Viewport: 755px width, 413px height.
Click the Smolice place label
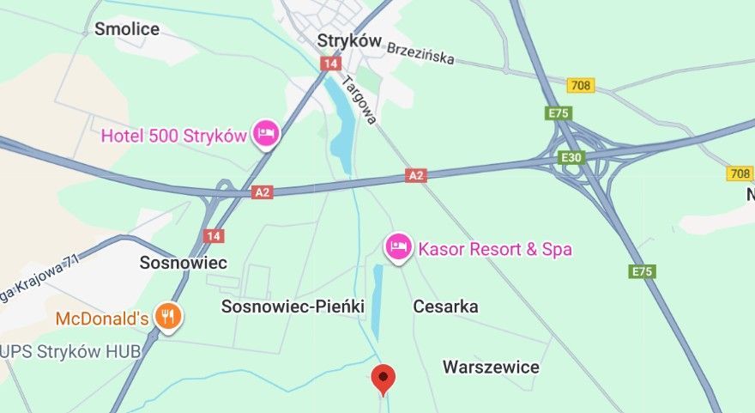coord(127,29)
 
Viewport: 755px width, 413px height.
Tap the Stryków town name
coord(348,40)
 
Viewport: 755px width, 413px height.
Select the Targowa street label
coord(359,100)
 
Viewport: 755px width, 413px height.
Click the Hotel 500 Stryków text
coord(174,135)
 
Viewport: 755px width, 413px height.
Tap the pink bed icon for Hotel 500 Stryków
coord(266,133)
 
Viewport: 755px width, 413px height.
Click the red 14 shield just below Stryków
coord(331,64)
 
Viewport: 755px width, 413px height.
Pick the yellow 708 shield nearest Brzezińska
coord(581,85)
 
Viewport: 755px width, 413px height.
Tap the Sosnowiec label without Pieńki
coord(183,263)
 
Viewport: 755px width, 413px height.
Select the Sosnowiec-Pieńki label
coord(293,307)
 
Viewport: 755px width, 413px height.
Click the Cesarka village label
coord(445,307)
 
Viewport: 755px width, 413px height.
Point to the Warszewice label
coord(491,367)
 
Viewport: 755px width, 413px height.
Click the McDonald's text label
coord(102,319)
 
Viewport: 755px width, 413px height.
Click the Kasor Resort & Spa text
coord(494,250)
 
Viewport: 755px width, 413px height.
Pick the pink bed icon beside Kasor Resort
coord(397,247)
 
